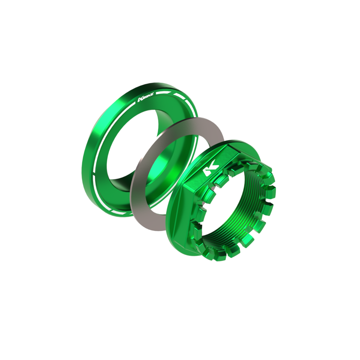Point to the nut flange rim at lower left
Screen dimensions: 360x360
pyautogui.click(x=176, y=240)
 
